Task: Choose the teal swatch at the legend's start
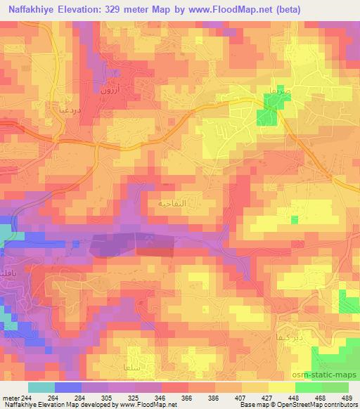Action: pyautogui.click(x=41, y=387)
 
